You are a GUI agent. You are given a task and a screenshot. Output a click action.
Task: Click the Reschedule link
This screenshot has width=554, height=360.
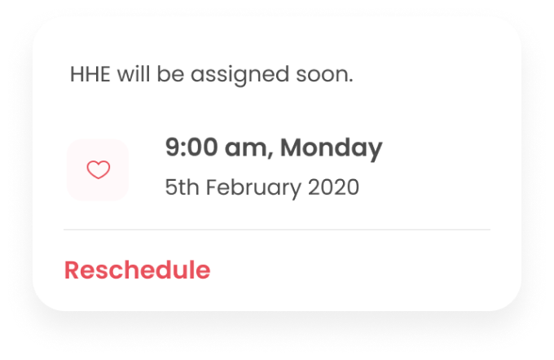137,270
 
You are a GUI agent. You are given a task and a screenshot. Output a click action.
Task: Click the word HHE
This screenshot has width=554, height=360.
90,74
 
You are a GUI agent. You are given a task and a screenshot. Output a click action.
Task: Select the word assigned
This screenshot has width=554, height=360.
240,76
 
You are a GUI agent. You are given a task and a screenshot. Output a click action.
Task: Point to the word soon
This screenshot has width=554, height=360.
323,75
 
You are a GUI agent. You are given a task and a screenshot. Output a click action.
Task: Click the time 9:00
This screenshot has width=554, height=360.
191,147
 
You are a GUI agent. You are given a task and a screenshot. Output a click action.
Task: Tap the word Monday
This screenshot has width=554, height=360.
331,148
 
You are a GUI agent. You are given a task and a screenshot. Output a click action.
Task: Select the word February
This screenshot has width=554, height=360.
253,187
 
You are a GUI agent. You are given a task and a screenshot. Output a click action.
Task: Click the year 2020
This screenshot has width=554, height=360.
333,187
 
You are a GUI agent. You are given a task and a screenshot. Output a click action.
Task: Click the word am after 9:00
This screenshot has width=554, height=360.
246,149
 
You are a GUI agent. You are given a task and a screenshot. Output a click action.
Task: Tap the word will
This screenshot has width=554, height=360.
133,74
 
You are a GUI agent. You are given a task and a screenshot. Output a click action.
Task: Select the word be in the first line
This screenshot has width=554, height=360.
170,74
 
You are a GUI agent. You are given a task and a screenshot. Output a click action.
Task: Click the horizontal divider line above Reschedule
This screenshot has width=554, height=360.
277,230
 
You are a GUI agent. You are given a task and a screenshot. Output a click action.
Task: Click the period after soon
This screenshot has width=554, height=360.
351,81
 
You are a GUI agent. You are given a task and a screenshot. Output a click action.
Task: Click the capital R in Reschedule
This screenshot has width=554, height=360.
72,270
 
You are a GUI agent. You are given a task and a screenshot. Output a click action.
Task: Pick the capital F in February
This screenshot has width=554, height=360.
211,187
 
